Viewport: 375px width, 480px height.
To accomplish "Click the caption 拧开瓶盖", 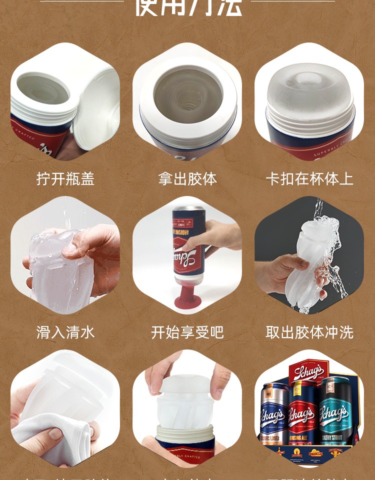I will pyautogui.click(x=65, y=179).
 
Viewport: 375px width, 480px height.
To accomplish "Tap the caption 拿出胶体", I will pyautogui.click(x=187, y=179).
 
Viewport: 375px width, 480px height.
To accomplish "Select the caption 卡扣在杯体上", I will pyautogui.click(x=309, y=179).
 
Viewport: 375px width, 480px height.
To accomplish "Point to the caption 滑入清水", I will pyautogui.click(x=65, y=332).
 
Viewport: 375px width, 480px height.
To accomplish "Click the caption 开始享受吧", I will pyautogui.click(x=187, y=332).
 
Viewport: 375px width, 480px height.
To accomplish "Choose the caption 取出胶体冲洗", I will pyautogui.click(x=309, y=332).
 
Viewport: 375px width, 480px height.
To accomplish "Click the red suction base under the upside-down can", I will pyautogui.click(x=187, y=295).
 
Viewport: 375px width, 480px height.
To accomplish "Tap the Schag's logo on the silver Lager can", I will pyautogui.click(x=273, y=415).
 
